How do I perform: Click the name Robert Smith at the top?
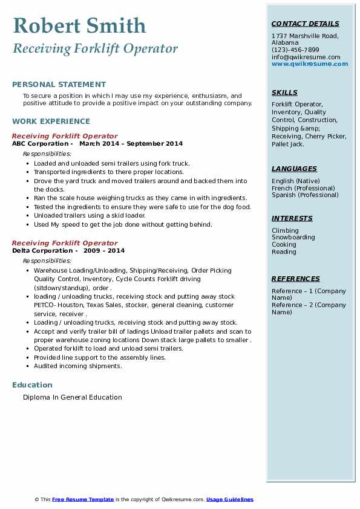tap(79, 25)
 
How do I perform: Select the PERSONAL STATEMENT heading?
tap(59, 85)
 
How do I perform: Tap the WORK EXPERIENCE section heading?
tap(51, 121)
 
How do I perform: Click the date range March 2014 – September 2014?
tap(131, 144)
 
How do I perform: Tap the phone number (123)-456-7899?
tap(295, 50)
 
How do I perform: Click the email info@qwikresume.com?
tap(306, 57)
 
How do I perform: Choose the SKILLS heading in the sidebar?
tap(284, 92)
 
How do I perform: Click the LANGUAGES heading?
tap(294, 169)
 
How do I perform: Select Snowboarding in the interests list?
tap(293, 238)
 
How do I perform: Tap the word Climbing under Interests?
tap(285, 230)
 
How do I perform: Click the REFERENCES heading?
tap(296, 279)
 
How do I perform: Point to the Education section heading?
tap(32, 385)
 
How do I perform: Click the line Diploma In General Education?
tap(73, 397)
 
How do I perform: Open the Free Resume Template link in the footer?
tap(83, 499)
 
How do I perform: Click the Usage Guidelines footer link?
tap(230, 499)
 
